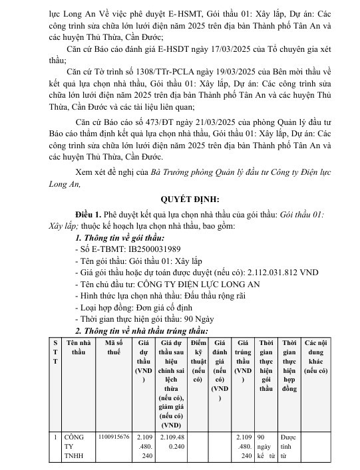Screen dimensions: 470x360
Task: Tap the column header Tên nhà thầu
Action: pyautogui.click(x=79, y=346)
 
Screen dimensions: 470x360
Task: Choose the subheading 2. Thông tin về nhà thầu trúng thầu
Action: pyautogui.click(x=141, y=330)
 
